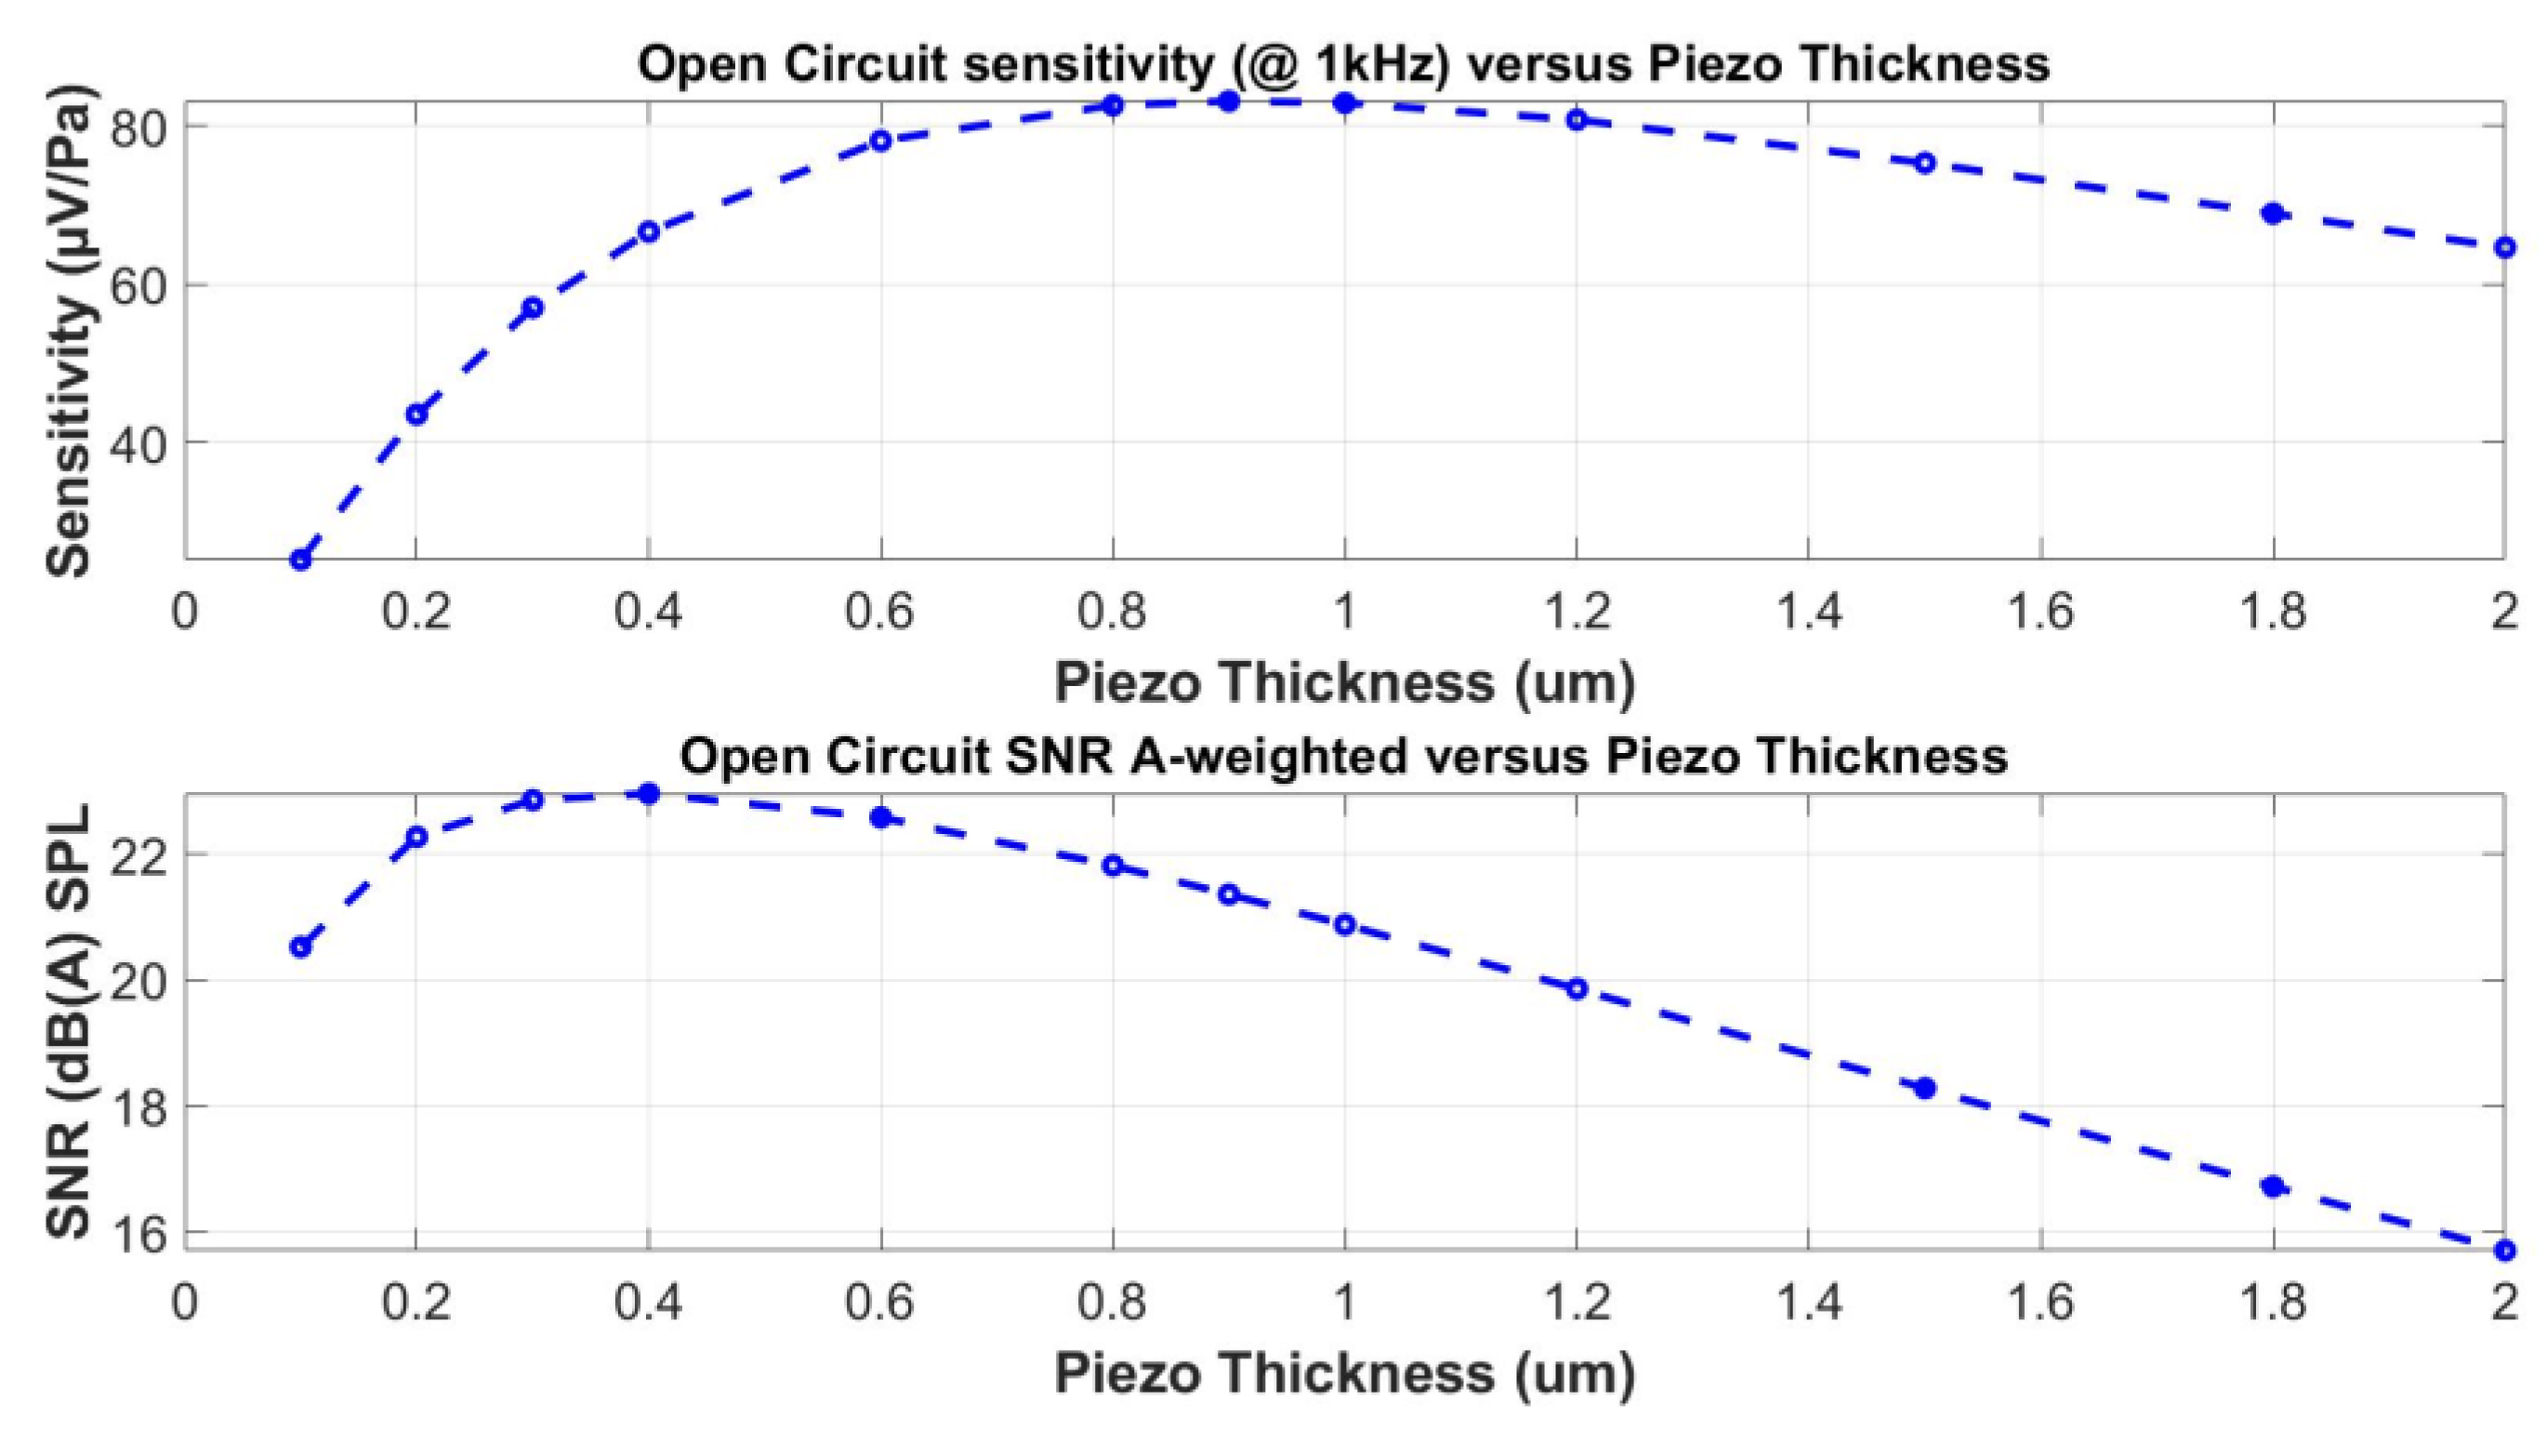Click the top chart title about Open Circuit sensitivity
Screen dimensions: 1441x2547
click(x=1343, y=64)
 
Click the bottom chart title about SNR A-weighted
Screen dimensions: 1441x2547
click(x=1343, y=757)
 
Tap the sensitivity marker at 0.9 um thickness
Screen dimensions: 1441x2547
click(x=1229, y=101)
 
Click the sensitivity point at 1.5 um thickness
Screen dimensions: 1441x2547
click(x=1924, y=164)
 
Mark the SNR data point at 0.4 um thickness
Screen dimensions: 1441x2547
click(x=649, y=794)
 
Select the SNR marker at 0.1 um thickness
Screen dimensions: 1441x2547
click(x=300, y=947)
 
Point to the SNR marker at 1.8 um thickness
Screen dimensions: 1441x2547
click(x=2273, y=1186)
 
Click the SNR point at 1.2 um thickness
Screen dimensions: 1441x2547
click(x=1577, y=988)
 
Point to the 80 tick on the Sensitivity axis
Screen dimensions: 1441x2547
click(x=139, y=127)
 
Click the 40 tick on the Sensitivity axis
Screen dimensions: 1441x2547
click(x=139, y=443)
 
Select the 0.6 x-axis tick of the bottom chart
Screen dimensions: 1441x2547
click(x=879, y=1302)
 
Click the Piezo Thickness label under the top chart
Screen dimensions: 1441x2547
click(x=1343, y=683)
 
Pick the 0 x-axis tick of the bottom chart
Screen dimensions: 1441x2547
click(x=185, y=1302)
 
